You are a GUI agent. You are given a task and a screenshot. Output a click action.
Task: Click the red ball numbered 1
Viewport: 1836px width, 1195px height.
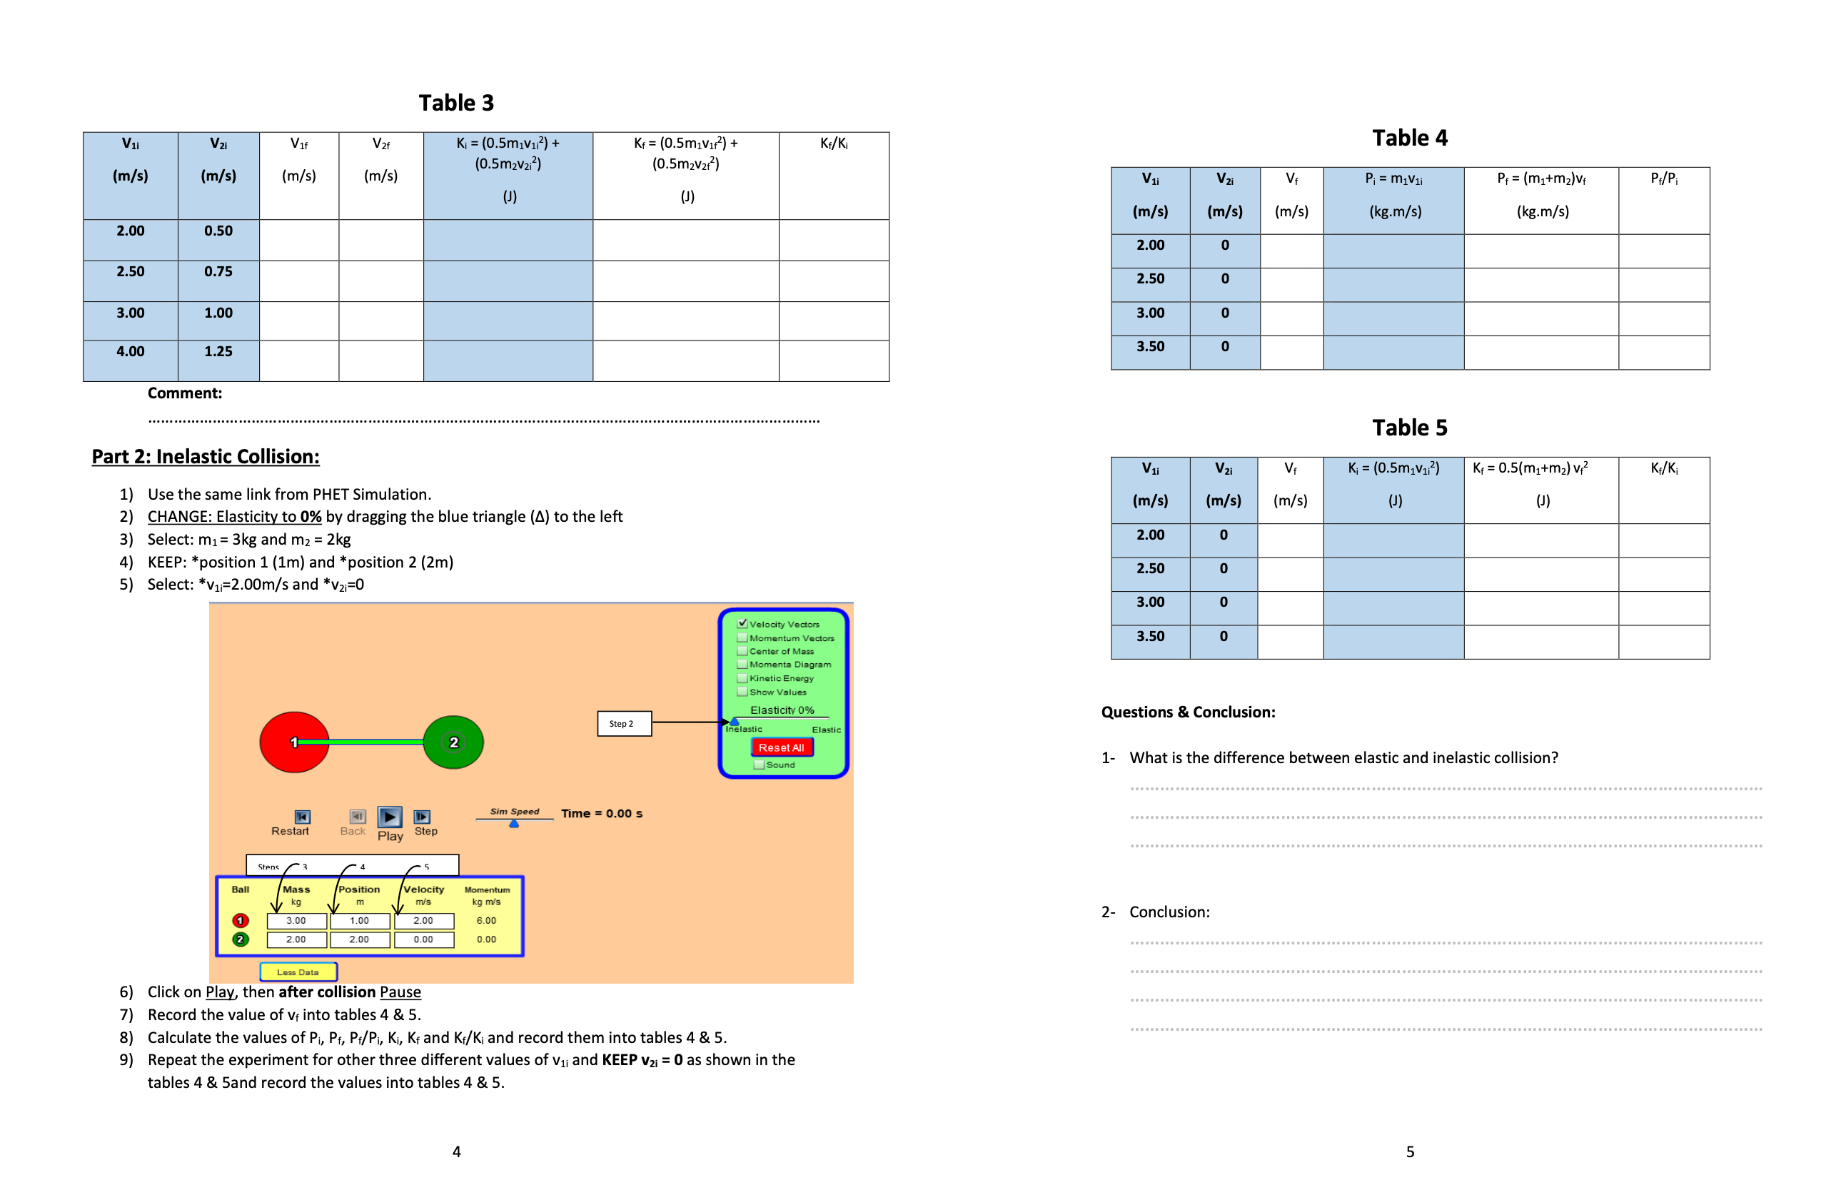[x=294, y=742]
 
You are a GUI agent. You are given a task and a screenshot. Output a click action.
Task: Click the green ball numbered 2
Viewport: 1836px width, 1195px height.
[x=453, y=742]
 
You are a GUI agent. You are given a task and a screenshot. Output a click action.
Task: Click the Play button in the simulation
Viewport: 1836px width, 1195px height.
[x=390, y=816]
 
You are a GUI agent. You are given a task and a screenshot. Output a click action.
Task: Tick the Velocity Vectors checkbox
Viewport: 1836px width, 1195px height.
[x=742, y=623]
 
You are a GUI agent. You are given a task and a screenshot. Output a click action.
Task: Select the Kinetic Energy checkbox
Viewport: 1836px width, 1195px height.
[x=742, y=678]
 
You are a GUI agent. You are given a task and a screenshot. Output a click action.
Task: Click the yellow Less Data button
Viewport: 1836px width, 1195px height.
[x=298, y=972]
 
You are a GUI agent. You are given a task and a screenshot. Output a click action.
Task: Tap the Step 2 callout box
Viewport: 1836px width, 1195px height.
[x=623, y=724]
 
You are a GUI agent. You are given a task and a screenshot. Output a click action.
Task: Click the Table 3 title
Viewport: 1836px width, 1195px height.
[x=456, y=103]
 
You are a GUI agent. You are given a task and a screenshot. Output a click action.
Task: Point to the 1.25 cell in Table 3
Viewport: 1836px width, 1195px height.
[x=218, y=352]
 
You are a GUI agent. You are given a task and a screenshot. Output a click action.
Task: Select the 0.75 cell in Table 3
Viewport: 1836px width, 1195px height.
[x=218, y=271]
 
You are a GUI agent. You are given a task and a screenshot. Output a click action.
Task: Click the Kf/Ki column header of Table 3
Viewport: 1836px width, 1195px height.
[x=834, y=143]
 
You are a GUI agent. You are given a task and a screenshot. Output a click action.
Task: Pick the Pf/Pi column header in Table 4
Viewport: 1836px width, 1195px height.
[x=1663, y=178]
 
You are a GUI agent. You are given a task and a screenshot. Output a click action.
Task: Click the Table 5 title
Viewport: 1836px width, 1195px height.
[x=1408, y=428]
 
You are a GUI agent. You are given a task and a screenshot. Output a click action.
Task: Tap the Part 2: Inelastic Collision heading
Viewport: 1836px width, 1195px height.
[x=205, y=457]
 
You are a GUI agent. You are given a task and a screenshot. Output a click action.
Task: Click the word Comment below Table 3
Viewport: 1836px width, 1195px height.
[x=184, y=393]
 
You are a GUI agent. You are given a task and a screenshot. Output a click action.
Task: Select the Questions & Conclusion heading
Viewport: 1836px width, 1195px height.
[x=1187, y=712]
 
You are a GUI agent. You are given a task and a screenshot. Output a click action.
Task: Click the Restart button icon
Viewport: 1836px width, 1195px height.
[x=303, y=816]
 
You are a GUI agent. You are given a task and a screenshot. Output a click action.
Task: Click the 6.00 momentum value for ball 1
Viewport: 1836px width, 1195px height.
[x=486, y=920]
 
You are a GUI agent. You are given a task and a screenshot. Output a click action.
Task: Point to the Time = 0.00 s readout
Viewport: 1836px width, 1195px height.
[x=602, y=813]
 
